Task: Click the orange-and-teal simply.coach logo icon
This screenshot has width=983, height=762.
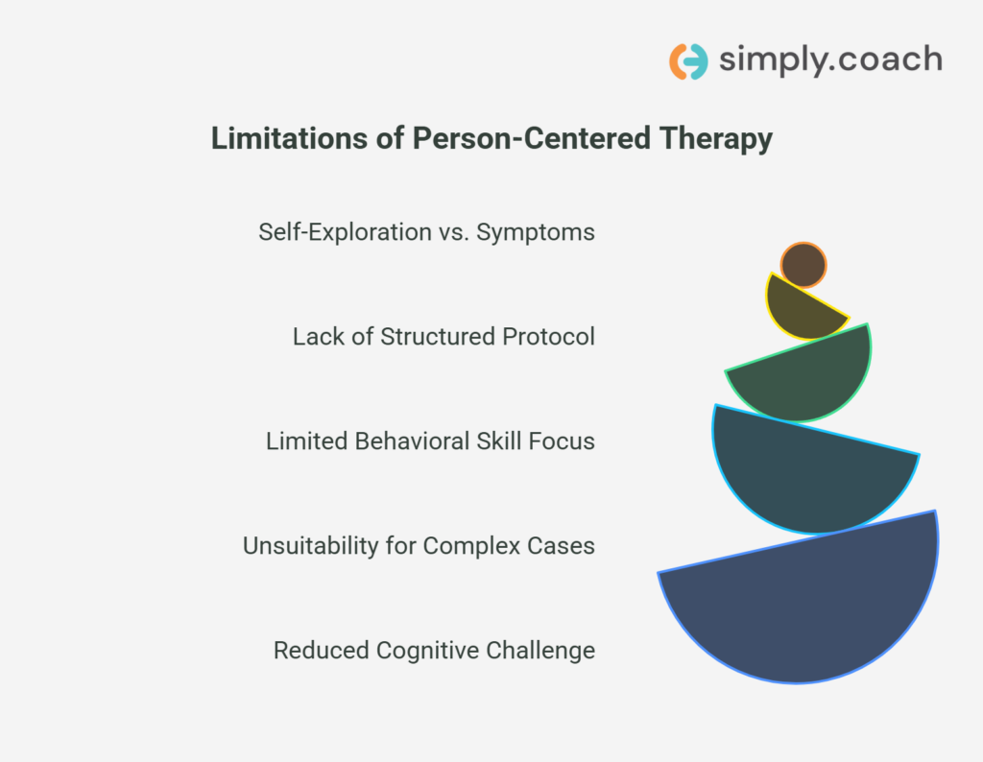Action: (688, 61)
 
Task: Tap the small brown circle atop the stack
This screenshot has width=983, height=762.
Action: (803, 265)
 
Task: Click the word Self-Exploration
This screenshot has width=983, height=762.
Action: (345, 232)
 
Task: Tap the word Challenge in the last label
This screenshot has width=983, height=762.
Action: (540, 651)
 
